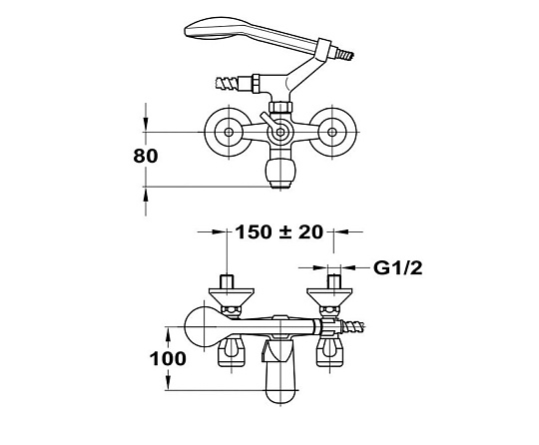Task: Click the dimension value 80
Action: tap(146, 156)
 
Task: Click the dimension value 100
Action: tap(168, 359)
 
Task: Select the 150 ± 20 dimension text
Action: tap(279, 231)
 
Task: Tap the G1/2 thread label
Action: tap(398, 267)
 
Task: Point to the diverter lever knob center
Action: tap(280, 133)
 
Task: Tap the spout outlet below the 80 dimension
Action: tap(280, 185)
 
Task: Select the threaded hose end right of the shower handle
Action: tap(344, 54)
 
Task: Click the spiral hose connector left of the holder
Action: tap(228, 83)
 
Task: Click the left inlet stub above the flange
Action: tap(228, 281)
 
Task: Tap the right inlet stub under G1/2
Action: tap(333, 281)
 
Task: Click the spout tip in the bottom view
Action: tap(280, 395)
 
